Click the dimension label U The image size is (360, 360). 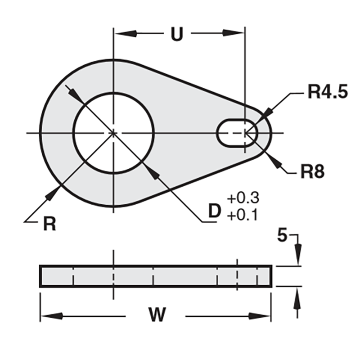point(178,34)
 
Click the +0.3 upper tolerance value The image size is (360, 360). point(243,198)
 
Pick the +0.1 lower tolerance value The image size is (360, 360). point(243,216)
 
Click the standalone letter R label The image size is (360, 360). point(49,224)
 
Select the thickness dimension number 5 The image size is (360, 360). point(282,236)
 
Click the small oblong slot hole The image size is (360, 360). point(237,133)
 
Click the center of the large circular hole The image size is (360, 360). point(114,133)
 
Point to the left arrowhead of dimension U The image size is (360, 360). point(123,34)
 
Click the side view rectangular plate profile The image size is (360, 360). point(156,276)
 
